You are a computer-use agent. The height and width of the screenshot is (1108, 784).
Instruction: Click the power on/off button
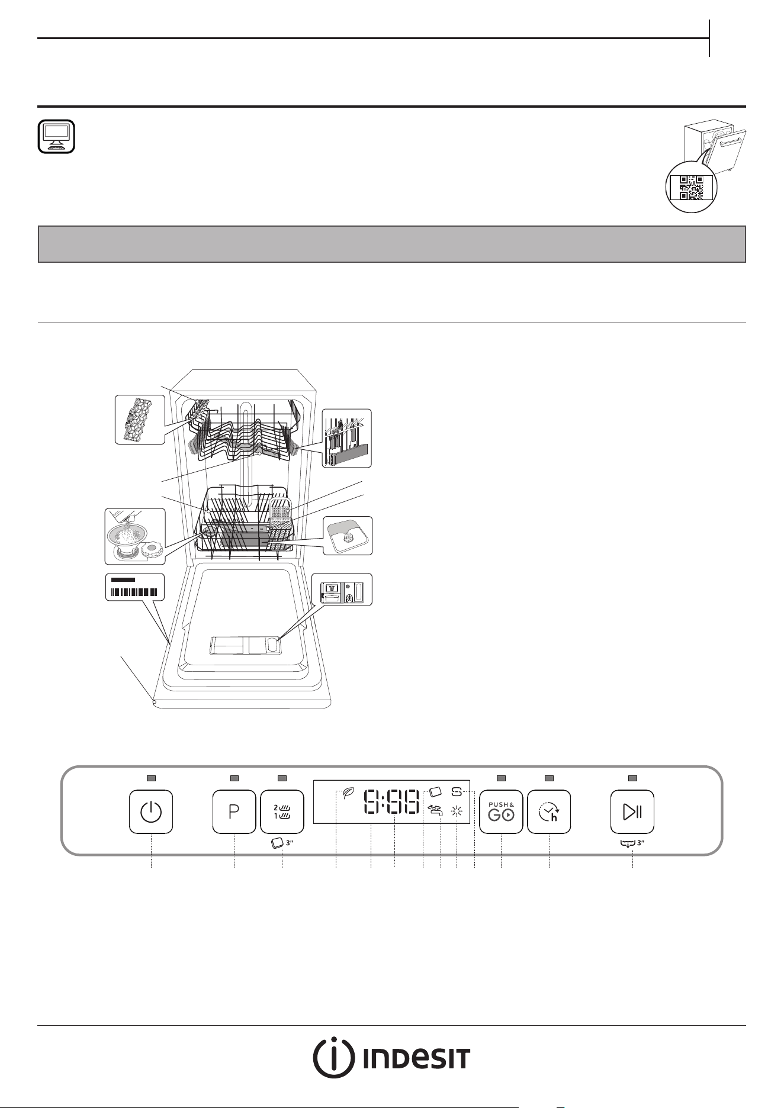click(x=151, y=811)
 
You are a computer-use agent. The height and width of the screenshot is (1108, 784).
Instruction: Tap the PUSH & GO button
click(x=501, y=811)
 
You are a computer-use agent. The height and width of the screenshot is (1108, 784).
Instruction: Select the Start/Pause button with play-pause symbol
click(x=632, y=811)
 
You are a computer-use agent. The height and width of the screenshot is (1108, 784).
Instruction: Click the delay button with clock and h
click(x=550, y=811)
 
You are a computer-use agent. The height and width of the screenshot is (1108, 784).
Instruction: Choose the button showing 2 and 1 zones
click(x=282, y=811)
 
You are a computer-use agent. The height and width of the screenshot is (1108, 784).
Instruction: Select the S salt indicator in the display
click(x=457, y=791)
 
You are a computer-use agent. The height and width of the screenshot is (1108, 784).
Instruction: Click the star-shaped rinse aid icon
click(x=457, y=811)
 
